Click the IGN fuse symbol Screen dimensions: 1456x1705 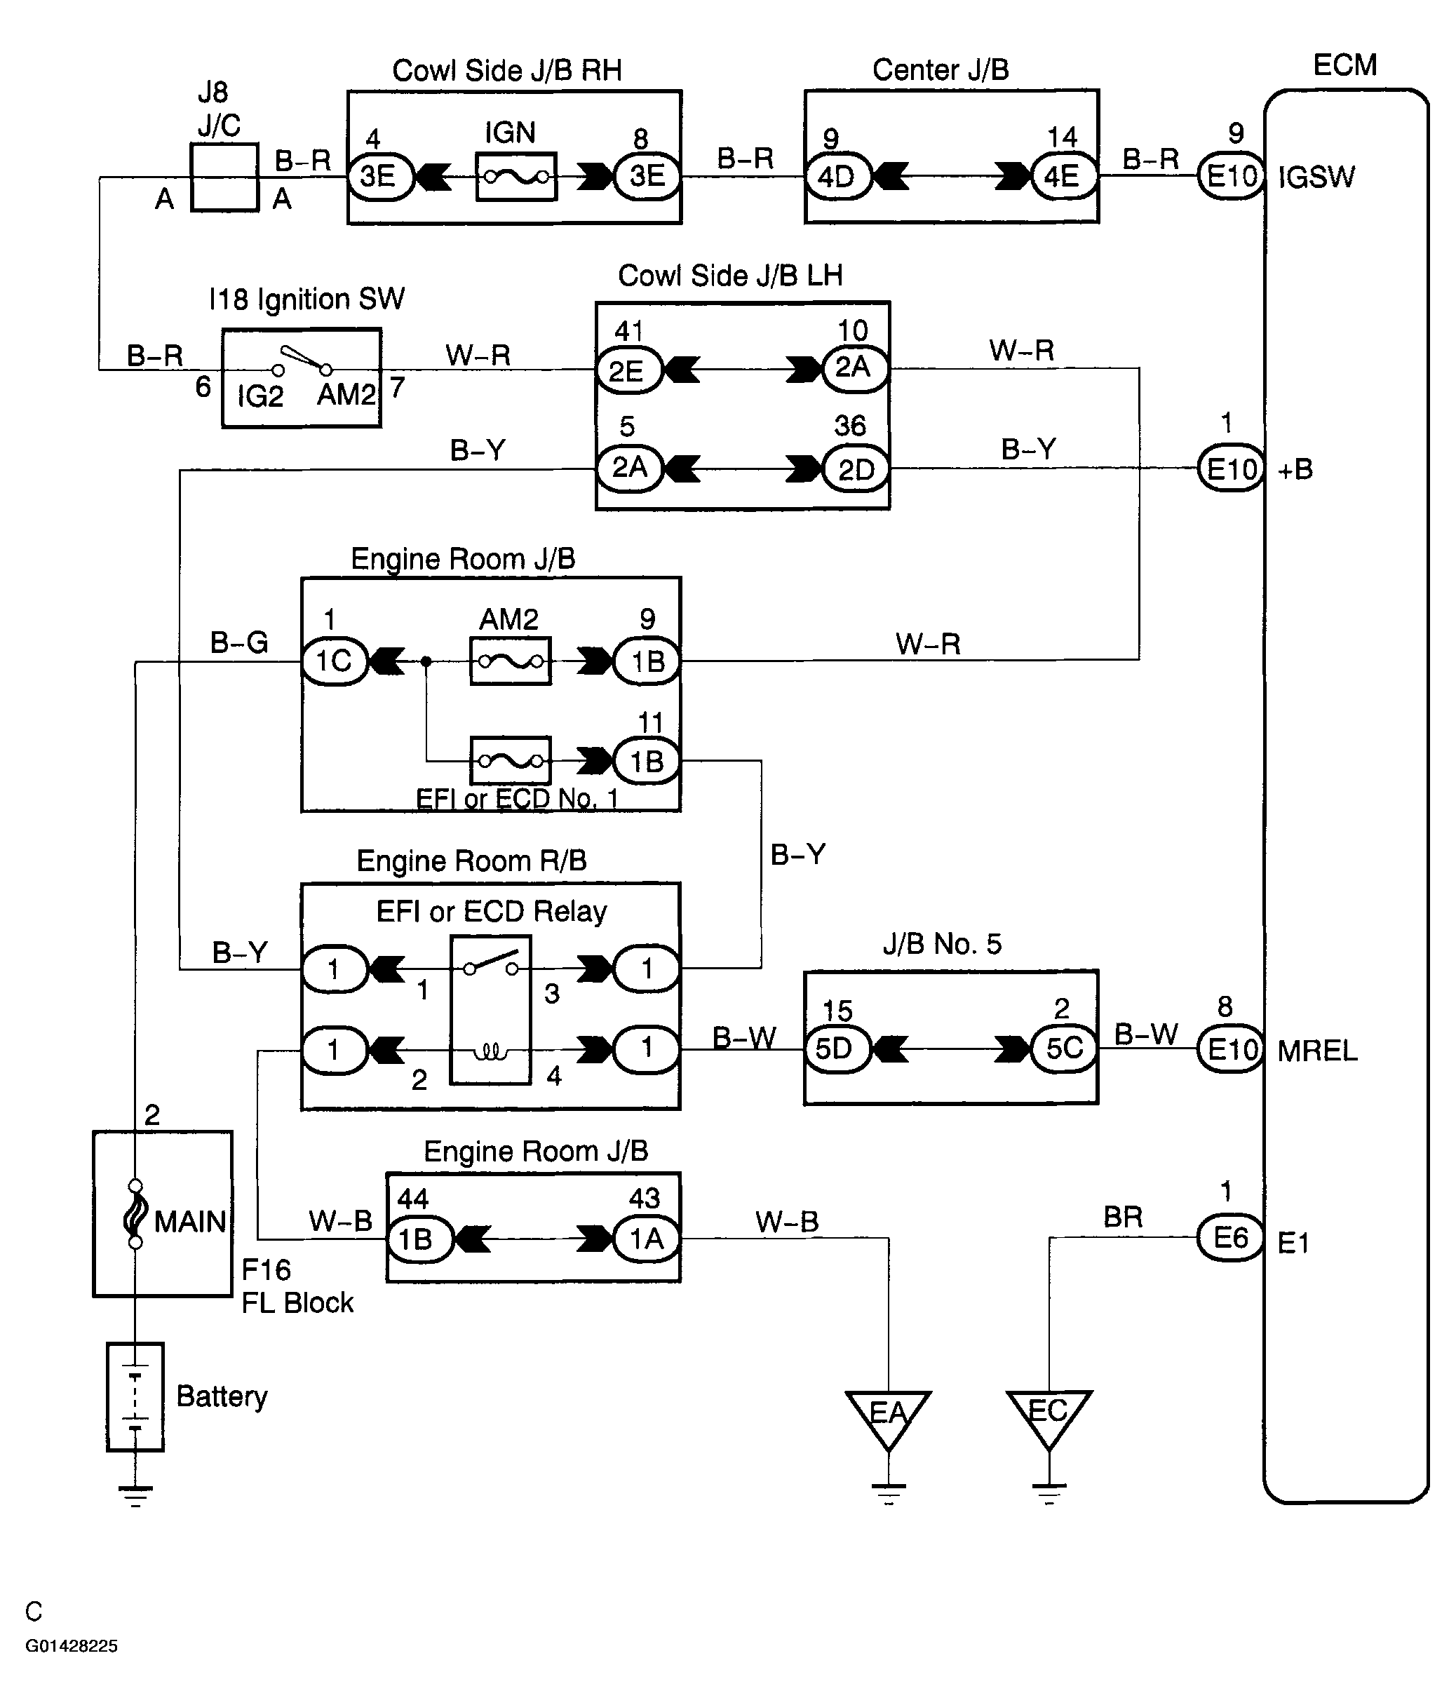pyautogui.click(x=516, y=176)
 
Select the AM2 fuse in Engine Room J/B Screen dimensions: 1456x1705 pyautogui.click(x=511, y=661)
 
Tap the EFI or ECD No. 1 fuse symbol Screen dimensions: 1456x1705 pyautogui.click(x=511, y=760)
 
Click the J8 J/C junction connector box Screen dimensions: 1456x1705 pyautogui.click(x=224, y=177)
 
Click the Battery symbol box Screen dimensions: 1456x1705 pyautogui.click(x=135, y=1396)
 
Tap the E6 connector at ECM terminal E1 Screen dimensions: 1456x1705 pyautogui.click(x=1229, y=1236)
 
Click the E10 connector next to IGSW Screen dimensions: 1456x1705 pyautogui.click(x=1230, y=175)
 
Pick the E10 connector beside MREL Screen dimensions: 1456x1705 pyautogui.click(x=1230, y=1049)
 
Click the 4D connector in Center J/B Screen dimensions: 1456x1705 pyautogui.click(x=837, y=176)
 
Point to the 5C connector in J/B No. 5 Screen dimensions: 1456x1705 pyautogui.click(x=1063, y=1049)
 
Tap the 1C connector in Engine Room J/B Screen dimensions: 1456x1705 pyautogui.click(x=334, y=661)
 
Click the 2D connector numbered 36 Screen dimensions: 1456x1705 pyautogui.click(x=856, y=469)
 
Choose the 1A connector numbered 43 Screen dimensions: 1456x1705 pyautogui.click(x=647, y=1238)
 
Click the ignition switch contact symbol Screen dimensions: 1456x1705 pyautogui.click(x=302, y=360)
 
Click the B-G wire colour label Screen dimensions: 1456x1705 pyautogui.click(x=240, y=642)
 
